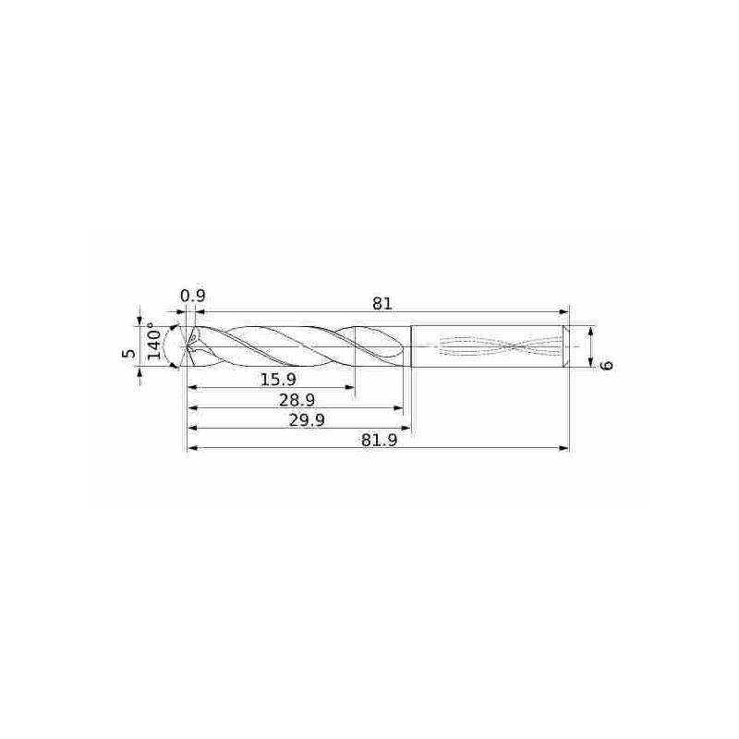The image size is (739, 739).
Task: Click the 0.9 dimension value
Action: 192,296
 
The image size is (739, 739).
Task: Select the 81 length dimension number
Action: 383,302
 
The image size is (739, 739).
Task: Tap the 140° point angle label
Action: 155,342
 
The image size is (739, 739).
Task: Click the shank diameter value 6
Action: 606,365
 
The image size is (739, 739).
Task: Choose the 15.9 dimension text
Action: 278,379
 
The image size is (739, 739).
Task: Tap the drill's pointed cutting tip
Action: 188,347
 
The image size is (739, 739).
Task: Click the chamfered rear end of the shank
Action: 566,346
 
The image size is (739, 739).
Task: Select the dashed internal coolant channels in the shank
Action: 499,346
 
